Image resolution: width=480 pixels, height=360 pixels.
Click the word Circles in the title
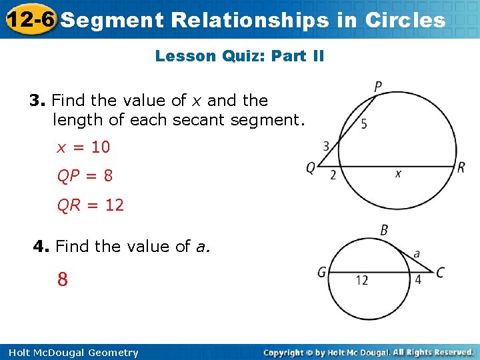(405, 20)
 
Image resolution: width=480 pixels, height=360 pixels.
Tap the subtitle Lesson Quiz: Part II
(239, 56)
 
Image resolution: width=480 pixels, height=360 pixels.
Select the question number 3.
(36, 101)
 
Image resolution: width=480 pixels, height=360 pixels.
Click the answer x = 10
(83, 147)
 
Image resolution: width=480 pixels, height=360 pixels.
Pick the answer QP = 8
(85, 176)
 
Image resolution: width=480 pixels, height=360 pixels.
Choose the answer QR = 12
(91, 205)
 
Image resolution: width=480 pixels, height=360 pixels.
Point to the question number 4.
(41, 247)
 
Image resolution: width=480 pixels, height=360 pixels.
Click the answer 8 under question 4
(62, 279)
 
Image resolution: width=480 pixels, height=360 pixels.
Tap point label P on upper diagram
(378, 87)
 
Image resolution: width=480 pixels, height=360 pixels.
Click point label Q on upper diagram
(311, 168)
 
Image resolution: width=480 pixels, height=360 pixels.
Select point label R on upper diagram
(461, 167)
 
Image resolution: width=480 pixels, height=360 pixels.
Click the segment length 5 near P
(363, 123)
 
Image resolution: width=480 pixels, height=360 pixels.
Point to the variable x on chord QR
(398, 173)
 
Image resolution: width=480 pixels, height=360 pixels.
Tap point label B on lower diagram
(384, 230)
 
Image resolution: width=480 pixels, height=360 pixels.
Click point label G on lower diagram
(321, 272)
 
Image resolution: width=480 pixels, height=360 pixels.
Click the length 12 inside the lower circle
(361, 280)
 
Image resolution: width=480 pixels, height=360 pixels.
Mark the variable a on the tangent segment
(417, 254)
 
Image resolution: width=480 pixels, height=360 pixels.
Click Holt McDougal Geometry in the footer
(71, 353)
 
